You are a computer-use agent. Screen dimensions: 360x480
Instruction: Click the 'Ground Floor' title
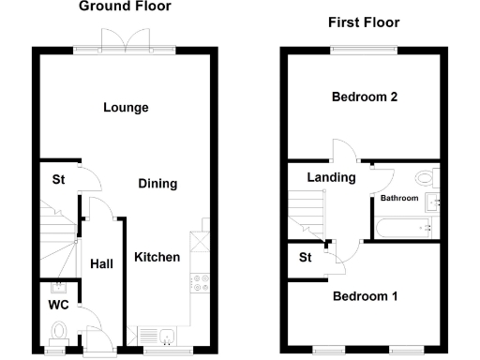click(x=125, y=7)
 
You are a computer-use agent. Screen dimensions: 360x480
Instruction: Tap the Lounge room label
click(x=126, y=108)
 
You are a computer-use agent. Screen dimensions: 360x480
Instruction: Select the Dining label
click(x=157, y=184)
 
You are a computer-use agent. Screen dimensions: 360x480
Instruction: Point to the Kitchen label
click(x=156, y=257)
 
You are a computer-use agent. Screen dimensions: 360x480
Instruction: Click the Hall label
click(x=101, y=264)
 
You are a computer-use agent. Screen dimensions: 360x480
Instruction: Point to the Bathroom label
click(x=398, y=199)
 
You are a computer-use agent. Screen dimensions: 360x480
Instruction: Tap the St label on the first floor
click(x=305, y=257)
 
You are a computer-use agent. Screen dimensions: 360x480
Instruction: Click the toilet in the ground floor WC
click(x=59, y=331)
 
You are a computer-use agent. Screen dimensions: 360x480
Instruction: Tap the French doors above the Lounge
click(x=125, y=39)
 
